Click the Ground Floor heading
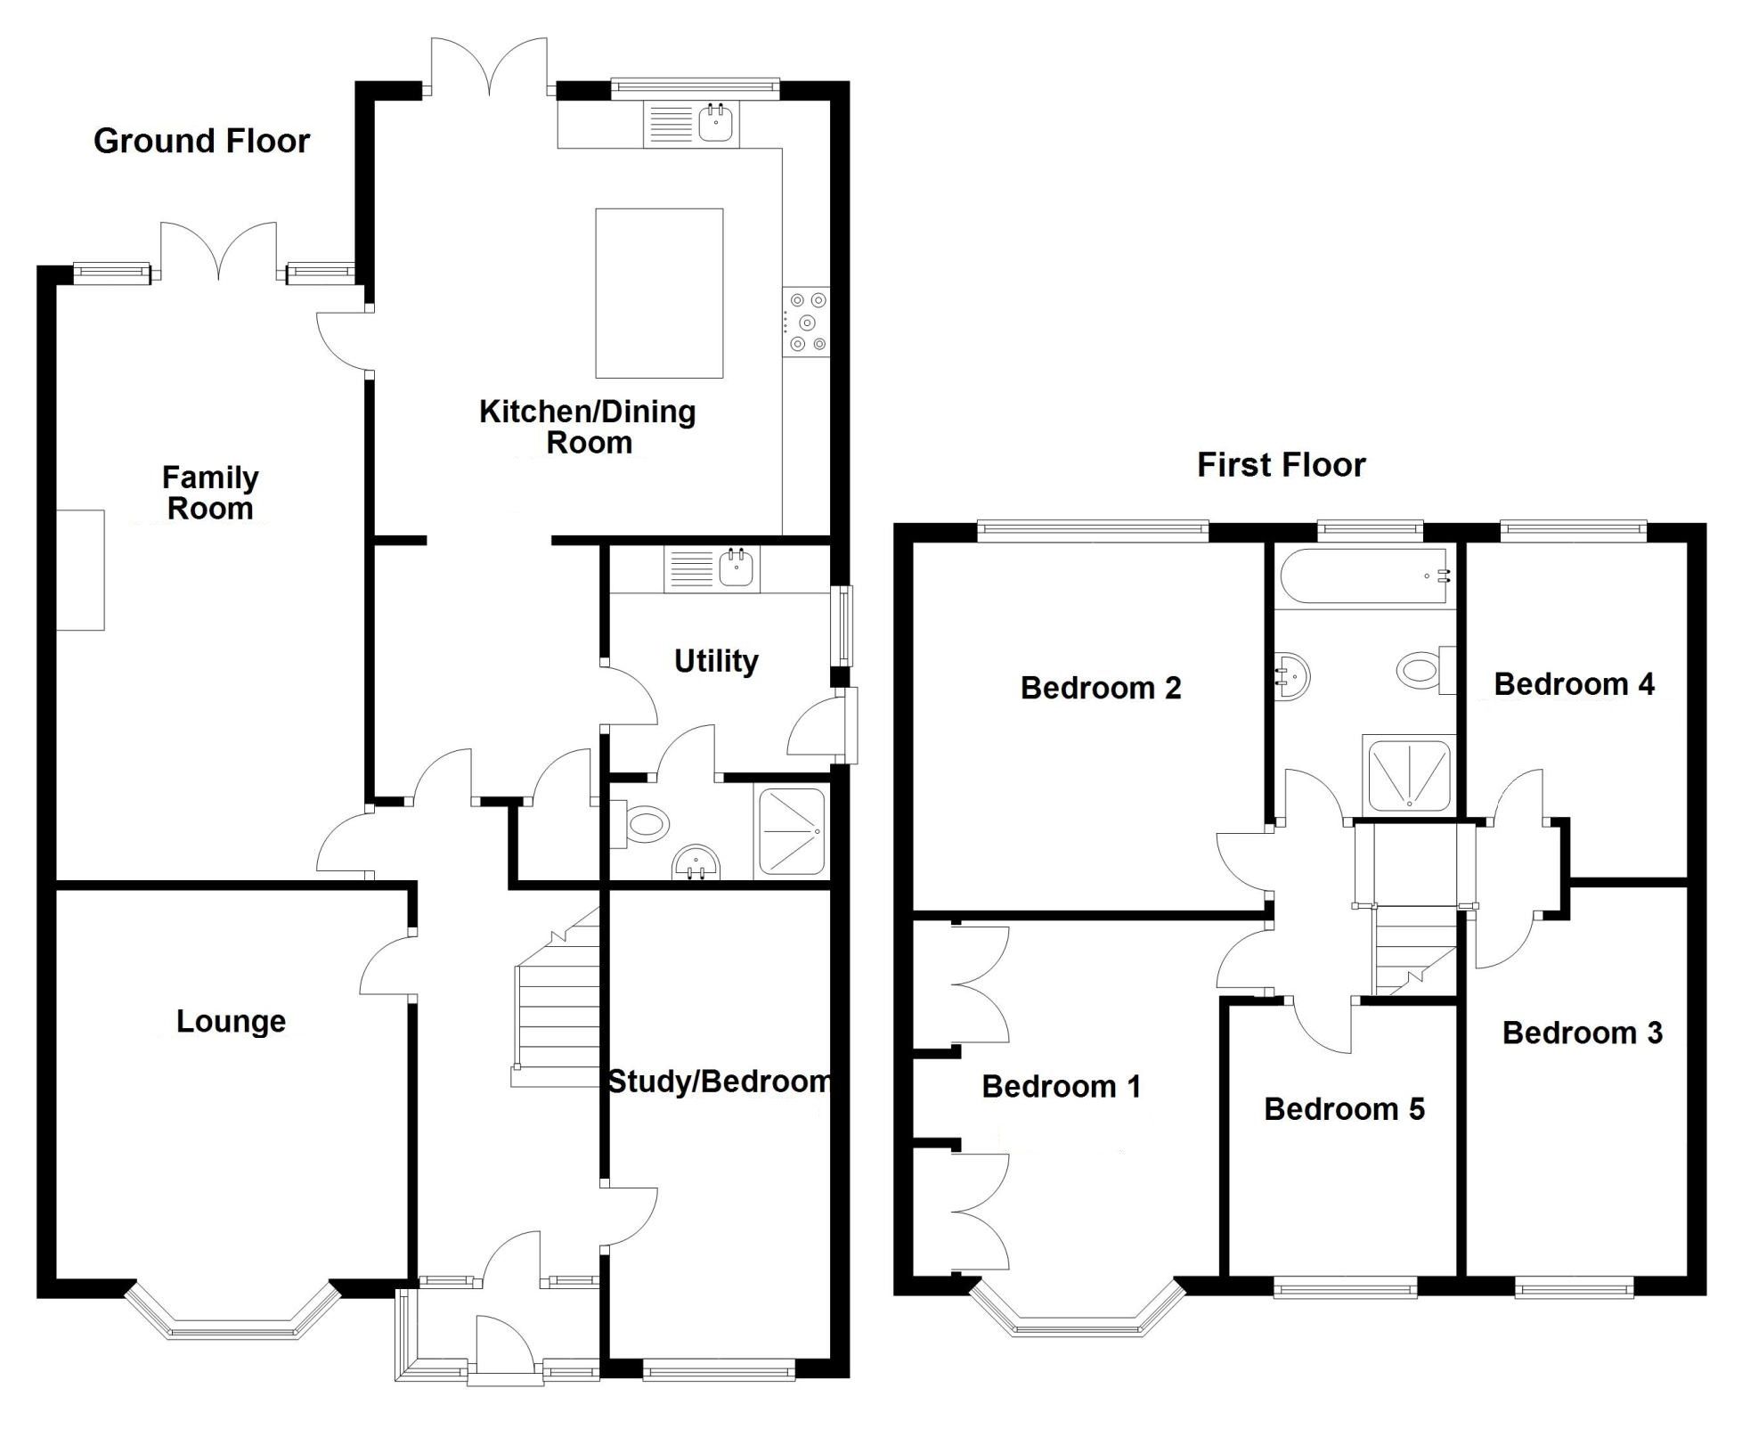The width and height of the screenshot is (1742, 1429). pos(201,141)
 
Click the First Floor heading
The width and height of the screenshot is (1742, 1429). pos(1280,465)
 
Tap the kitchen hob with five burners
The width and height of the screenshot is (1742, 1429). pos(806,323)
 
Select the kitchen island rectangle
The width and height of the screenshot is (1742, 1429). pos(658,293)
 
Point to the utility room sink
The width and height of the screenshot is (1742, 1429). pos(736,568)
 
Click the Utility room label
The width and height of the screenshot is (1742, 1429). pos(715,661)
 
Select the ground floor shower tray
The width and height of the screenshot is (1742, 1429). pos(791,831)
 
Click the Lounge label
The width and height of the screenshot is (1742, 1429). pos(231,1021)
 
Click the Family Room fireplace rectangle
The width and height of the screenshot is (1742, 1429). pos(81,570)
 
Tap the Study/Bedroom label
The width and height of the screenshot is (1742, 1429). pos(718,1082)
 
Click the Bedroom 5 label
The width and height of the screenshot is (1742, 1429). pos(1343,1109)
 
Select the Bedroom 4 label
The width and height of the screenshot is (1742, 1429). pos(1573,684)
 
